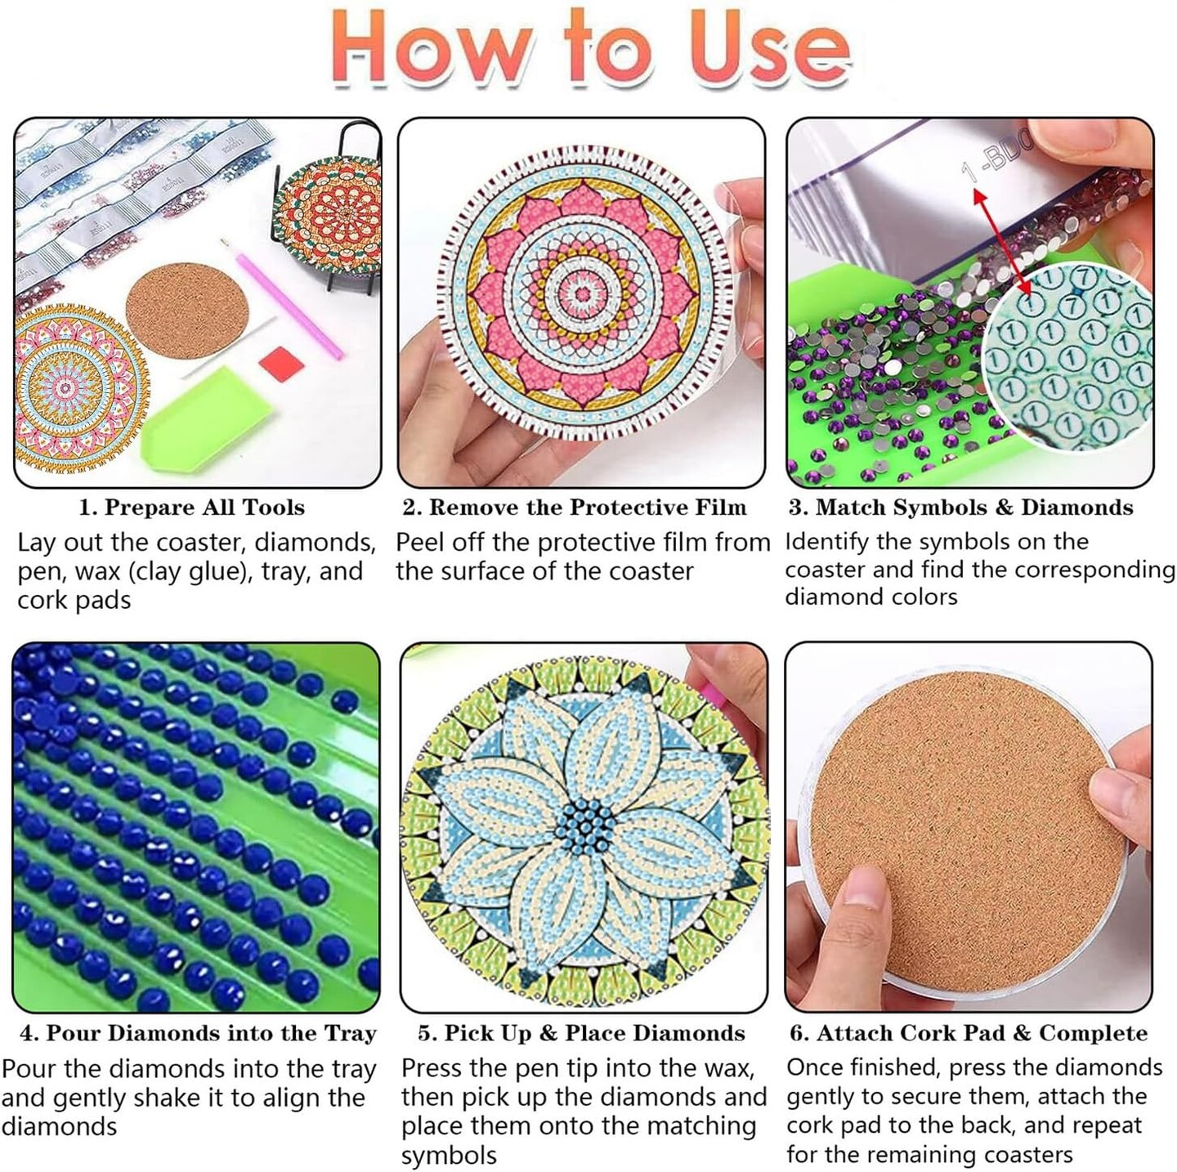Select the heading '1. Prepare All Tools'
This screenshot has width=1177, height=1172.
[191, 508]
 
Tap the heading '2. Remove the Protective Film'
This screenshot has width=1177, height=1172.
[574, 508]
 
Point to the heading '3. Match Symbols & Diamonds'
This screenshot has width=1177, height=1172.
[960, 508]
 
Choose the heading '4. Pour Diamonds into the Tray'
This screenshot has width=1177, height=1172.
[198, 1033]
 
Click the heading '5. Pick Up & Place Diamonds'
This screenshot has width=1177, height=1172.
[581, 1033]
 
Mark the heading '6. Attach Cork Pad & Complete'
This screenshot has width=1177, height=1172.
[968, 1033]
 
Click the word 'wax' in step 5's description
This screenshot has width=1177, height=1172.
[726, 1068]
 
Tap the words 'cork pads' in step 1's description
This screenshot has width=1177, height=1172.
[74, 600]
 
